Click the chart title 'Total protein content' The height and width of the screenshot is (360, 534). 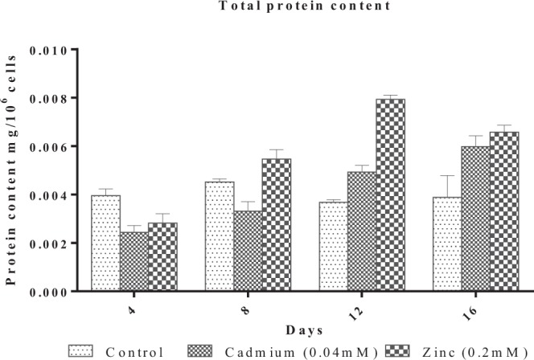coord(266,6)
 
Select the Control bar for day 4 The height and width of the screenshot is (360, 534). coord(106,243)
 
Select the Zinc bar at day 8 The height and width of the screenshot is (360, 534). coord(277,225)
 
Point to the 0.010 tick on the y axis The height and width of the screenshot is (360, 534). coord(49,50)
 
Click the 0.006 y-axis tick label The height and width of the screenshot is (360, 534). coord(49,146)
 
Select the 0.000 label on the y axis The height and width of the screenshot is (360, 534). coord(49,291)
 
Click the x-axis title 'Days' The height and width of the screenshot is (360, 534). coord(304,329)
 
